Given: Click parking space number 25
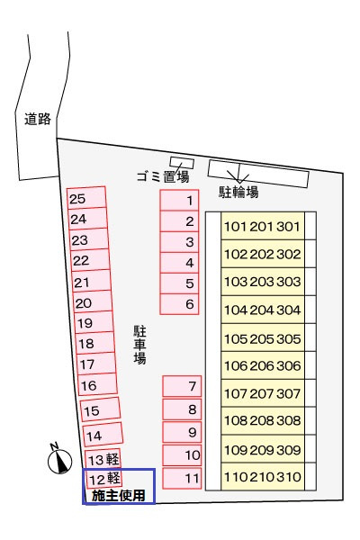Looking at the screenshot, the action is click(86, 198).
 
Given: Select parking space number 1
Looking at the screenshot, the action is click(179, 200).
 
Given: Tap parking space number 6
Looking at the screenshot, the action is click(179, 304).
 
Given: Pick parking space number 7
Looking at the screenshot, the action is click(182, 386).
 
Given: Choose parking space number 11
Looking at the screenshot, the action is click(182, 479).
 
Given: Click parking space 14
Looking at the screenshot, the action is click(103, 435).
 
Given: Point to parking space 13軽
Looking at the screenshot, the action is click(103, 459).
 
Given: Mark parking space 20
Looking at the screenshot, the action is click(94, 302).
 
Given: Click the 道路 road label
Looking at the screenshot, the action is click(38, 119).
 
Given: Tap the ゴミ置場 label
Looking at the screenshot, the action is click(163, 176).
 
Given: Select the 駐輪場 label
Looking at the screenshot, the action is click(238, 192).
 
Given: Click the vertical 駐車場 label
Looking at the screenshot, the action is click(139, 345).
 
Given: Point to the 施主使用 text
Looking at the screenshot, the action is click(118, 496).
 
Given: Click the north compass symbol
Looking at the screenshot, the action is click(59, 461).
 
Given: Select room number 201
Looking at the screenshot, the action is click(262, 227).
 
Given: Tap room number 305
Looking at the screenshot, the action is click(289, 339).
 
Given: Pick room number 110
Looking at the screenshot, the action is click(236, 477).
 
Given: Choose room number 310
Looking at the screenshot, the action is click(289, 477).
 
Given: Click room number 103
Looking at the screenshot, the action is click(236, 282).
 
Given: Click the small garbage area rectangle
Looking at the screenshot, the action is click(182, 163).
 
